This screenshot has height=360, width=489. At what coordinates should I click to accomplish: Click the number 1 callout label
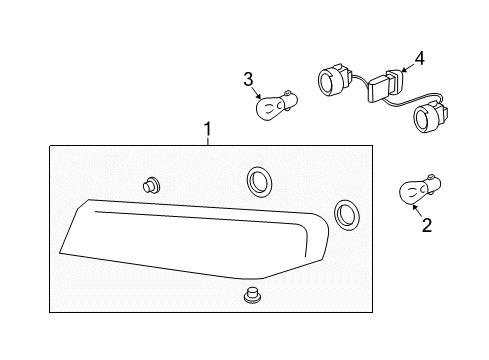(x=207, y=129)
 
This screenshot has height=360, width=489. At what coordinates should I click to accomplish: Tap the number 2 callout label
(x=426, y=225)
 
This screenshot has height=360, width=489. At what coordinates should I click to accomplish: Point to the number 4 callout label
(x=419, y=59)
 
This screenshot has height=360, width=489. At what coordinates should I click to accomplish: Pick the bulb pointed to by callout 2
(x=419, y=190)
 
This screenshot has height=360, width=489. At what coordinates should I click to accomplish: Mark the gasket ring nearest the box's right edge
(x=347, y=212)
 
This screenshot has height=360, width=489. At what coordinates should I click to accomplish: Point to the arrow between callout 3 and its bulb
(x=260, y=91)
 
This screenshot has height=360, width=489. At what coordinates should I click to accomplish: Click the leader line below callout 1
(x=207, y=141)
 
